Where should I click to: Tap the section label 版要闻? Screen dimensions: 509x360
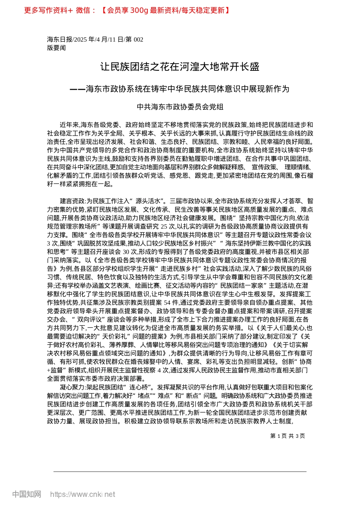tap(56, 48)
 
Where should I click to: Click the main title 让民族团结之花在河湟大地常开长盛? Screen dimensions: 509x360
tap(180, 67)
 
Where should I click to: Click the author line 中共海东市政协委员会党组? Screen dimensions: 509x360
tap(180, 107)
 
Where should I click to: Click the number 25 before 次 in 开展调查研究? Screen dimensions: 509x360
tap(164, 226)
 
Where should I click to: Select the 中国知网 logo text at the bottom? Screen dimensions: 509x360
tap(27, 494)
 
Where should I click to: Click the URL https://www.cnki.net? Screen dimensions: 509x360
tap(82, 494)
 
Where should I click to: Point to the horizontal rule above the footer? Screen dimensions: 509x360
tap(180, 472)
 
